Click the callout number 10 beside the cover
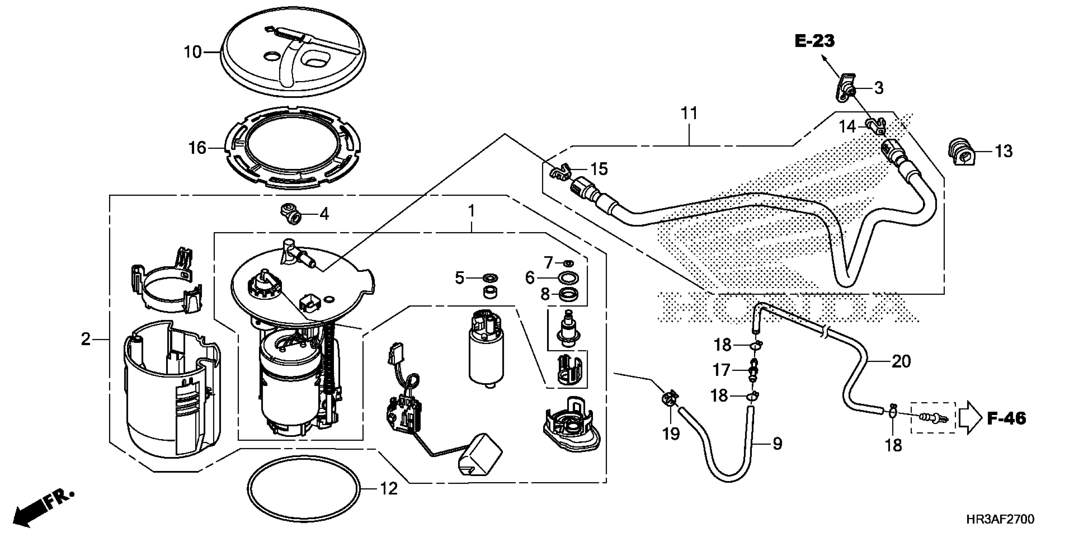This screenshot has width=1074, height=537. pos(193,52)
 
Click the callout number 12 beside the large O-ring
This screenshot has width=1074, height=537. pos(389,489)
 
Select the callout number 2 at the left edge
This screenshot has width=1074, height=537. pos(86,339)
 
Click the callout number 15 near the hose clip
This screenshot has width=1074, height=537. pos(599,169)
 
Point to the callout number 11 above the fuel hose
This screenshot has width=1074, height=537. pos(689,113)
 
